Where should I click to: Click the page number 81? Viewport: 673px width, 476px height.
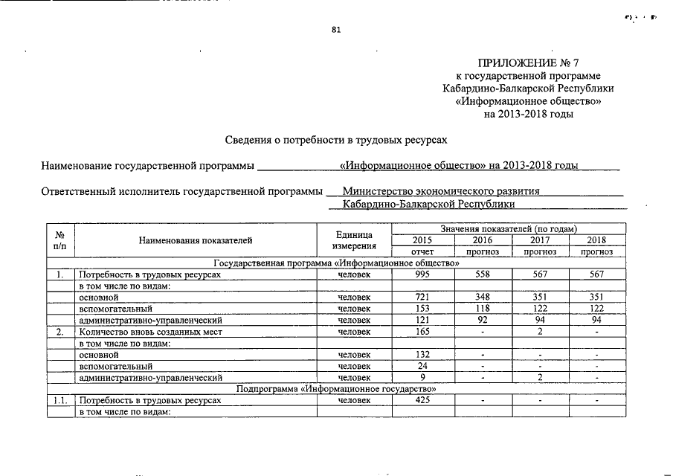point(336,30)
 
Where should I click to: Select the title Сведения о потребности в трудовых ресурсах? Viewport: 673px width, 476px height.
point(337,139)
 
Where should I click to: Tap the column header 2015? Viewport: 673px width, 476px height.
point(422,240)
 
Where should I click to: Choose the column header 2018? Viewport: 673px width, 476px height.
point(596,240)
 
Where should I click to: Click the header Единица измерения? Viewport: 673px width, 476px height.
point(354,240)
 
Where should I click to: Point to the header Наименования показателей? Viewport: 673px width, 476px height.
point(196,240)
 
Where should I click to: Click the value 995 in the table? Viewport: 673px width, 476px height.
point(422,275)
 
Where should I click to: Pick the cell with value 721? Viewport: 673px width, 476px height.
point(422,297)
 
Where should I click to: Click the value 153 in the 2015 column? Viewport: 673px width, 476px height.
point(422,309)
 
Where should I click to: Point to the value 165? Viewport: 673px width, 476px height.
point(422,332)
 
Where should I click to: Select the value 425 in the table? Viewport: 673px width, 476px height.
point(422,400)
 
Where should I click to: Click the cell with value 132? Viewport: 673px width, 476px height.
point(422,355)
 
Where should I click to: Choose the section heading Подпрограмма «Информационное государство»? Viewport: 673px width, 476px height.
point(336,389)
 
